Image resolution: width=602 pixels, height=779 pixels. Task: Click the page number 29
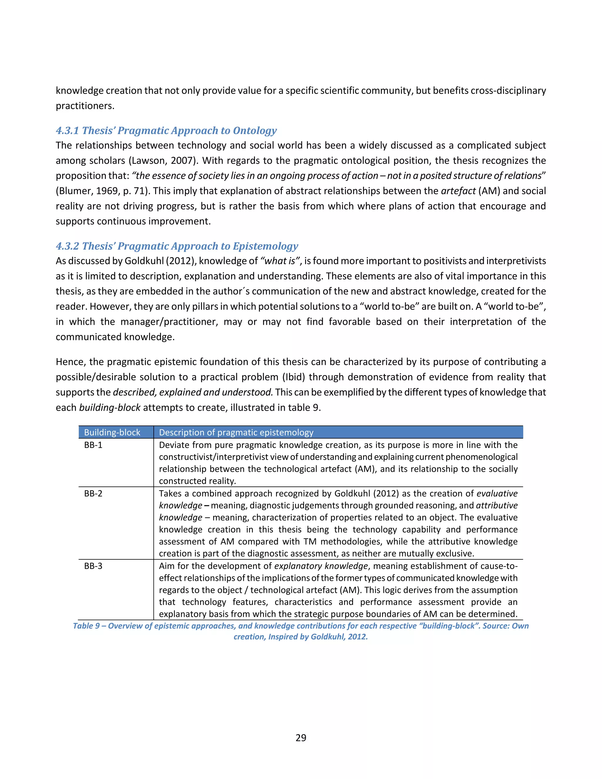pyautogui.click(x=301, y=738)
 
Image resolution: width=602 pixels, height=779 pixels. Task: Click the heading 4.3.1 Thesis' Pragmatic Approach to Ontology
pyautogui.click(x=166, y=131)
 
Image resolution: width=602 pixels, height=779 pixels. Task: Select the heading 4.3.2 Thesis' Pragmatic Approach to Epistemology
pyautogui.click(x=177, y=246)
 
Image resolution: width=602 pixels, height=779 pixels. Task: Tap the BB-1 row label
pyautogui.click(x=93, y=445)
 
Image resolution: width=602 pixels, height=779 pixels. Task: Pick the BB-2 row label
pyautogui.click(x=93, y=494)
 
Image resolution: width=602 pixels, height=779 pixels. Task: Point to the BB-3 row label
pyautogui.click(x=93, y=566)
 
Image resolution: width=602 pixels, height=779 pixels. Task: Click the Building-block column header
pyautogui.click(x=112, y=432)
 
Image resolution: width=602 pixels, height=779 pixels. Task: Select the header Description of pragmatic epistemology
pyautogui.click(x=236, y=432)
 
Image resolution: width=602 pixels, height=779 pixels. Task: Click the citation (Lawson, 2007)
pyautogui.click(x=163, y=161)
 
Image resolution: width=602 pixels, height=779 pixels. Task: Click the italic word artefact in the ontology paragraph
pyautogui.click(x=458, y=191)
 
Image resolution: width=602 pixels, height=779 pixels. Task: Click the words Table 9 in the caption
pyautogui.click(x=86, y=626)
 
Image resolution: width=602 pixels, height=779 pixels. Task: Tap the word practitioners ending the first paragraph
pyautogui.click(x=85, y=106)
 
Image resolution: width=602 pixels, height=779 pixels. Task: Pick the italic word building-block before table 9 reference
pyautogui.click(x=109, y=408)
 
